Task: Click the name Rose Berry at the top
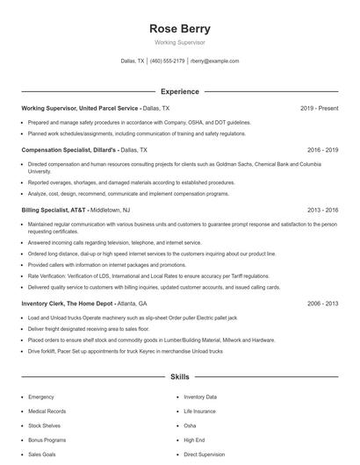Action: (x=180, y=28)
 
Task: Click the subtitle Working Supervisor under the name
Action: (x=180, y=43)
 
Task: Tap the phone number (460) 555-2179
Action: (x=168, y=61)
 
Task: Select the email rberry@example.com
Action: (x=215, y=61)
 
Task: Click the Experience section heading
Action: (x=180, y=91)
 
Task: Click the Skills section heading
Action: (x=180, y=377)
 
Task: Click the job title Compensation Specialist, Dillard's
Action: (x=69, y=150)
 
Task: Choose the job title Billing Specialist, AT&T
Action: (x=52, y=211)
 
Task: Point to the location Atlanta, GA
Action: (x=131, y=303)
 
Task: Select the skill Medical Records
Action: (x=46, y=411)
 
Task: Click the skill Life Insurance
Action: (x=199, y=411)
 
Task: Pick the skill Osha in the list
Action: (x=191, y=426)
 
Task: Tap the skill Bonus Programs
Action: (x=46, y=440)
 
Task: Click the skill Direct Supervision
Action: (x=205, y=455)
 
